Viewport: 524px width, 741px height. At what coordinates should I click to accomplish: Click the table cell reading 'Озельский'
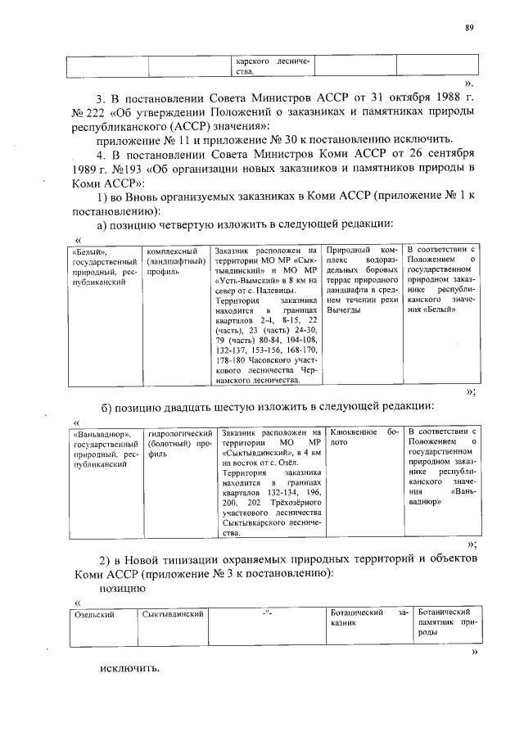click(x=94, y=613)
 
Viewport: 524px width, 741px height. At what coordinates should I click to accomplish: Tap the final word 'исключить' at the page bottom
click(x=129, y=667)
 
